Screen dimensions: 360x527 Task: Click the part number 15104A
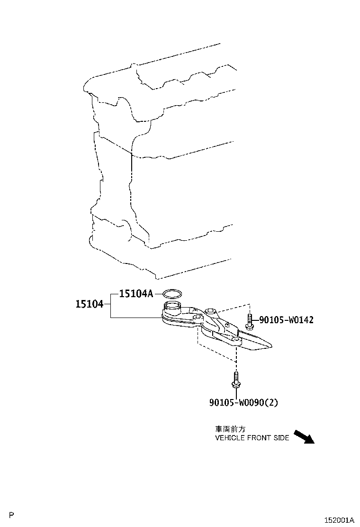[136, 294]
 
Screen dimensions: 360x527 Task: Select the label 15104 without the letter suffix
[90, 304]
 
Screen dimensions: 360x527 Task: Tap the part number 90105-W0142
[287, 319]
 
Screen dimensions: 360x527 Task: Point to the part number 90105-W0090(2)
[244, 402]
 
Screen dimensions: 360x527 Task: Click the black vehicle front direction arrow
[304, 437]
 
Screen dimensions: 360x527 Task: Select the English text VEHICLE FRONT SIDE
[252, 437]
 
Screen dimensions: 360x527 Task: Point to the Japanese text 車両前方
[230, 429]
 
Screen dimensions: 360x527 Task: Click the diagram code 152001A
[339, 520]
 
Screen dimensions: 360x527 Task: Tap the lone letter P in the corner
[12, 515]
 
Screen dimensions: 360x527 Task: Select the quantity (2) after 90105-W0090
[272, 402]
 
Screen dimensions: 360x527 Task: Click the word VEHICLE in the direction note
[230, 437]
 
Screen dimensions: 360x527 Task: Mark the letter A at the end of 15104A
[150, 294]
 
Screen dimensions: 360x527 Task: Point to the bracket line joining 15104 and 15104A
[111, 305]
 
